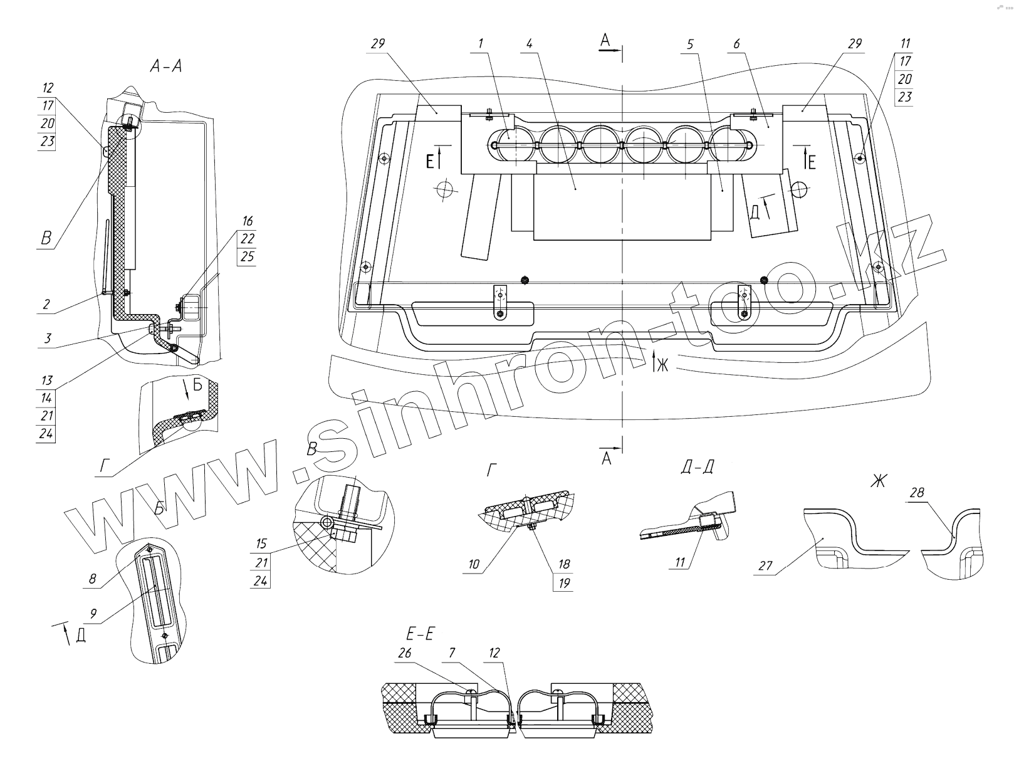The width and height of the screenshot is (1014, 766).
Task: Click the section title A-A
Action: click(166, 66)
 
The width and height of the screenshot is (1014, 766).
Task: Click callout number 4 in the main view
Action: click(529, 44)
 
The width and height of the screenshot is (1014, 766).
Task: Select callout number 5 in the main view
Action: click(690, 44)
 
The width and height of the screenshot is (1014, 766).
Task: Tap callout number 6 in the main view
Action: click(736, 44)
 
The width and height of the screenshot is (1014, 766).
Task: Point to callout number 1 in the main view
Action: click(481, 44)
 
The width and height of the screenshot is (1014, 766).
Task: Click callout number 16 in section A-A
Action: click(248, 221)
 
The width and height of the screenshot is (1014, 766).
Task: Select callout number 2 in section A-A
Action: click(46, 305)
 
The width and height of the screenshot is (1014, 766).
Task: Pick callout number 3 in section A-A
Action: click(46, 339)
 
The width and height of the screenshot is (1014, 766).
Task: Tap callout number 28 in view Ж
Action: click(917, 493)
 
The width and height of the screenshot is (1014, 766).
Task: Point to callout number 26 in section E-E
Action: click(405, 653)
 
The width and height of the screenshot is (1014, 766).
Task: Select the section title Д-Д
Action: click(696, 467)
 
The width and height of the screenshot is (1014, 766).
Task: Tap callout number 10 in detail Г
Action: click(473, 564)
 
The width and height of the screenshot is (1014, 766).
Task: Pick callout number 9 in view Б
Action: click(93, 614)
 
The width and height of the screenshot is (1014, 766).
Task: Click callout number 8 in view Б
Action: click(93, 579)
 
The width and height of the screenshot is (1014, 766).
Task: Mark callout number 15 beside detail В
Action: click(261, 543)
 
